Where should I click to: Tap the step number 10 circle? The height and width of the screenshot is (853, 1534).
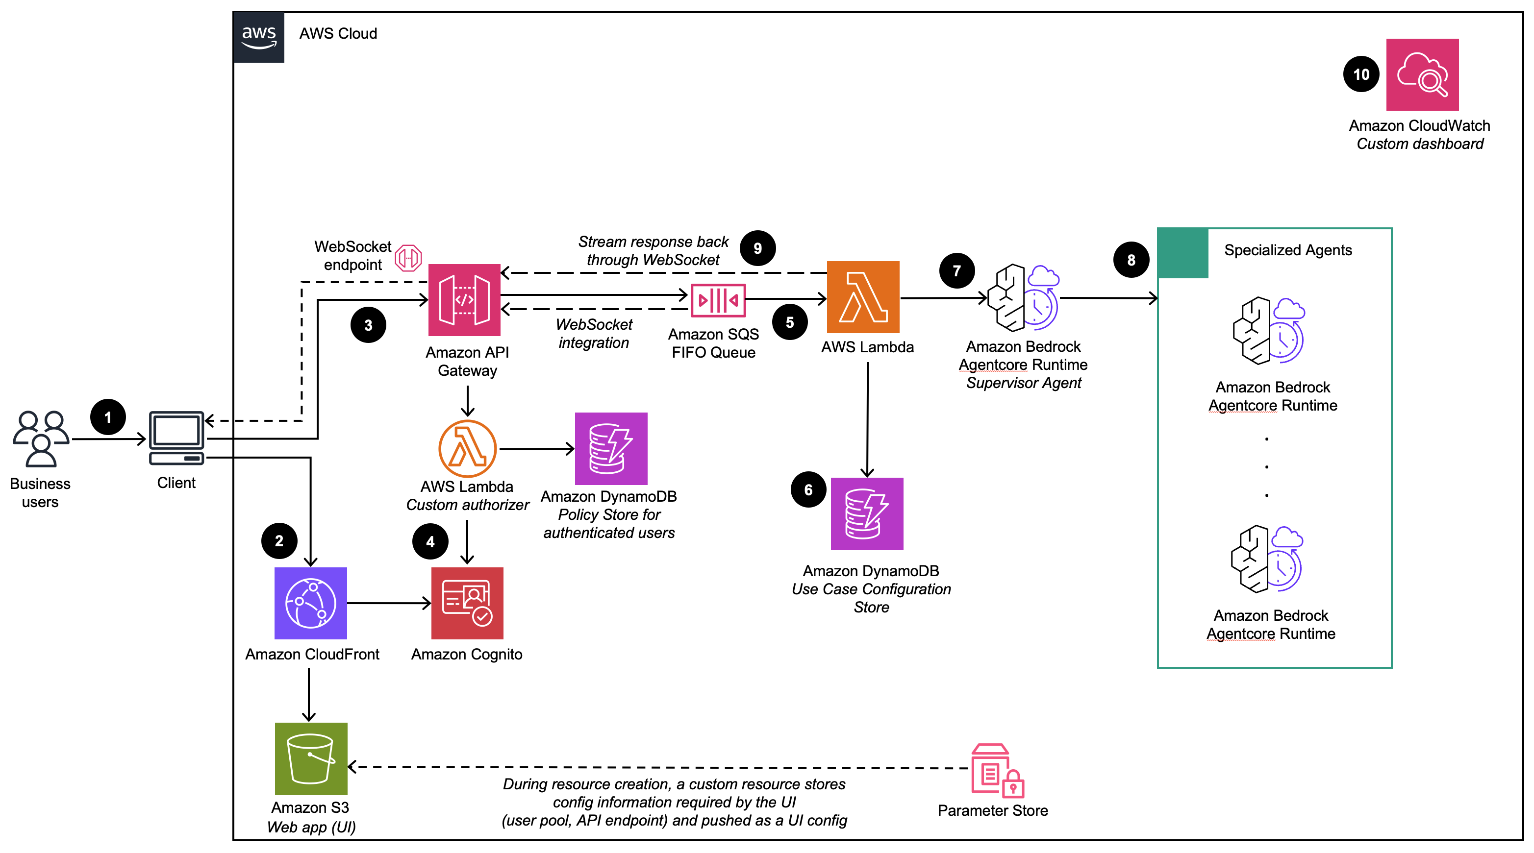[x=1361, y=74]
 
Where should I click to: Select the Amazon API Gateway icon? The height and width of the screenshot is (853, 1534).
[x=464, y=300]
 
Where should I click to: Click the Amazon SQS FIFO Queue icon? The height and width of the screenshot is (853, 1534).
[x=718, y=300]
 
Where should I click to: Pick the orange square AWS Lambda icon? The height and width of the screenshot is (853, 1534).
[x=863, y=297]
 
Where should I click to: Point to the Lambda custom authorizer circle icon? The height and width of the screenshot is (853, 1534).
[x=468, y=448]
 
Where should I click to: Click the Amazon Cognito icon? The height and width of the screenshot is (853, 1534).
[x=468, y=603]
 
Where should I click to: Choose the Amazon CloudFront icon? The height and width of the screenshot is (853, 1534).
[x=310, y=603]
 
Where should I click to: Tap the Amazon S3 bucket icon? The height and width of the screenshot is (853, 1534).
[x=311, y=758]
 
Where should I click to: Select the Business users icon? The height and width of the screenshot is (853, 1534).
[x=41, y=439]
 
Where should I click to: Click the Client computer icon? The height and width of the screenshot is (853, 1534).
[x=176, y=438]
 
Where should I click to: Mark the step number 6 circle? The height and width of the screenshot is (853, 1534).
[x=808, y=490]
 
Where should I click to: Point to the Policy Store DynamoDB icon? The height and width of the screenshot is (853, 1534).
[x=611, y=449]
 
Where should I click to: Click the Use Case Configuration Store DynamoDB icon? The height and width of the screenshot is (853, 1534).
[x=867, y=513]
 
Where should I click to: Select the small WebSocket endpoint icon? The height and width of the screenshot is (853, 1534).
[x=408, y=258]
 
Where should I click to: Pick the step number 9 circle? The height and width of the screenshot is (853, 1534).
[x=757, y=248]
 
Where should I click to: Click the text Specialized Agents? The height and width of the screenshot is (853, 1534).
[x=1287, y=250]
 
